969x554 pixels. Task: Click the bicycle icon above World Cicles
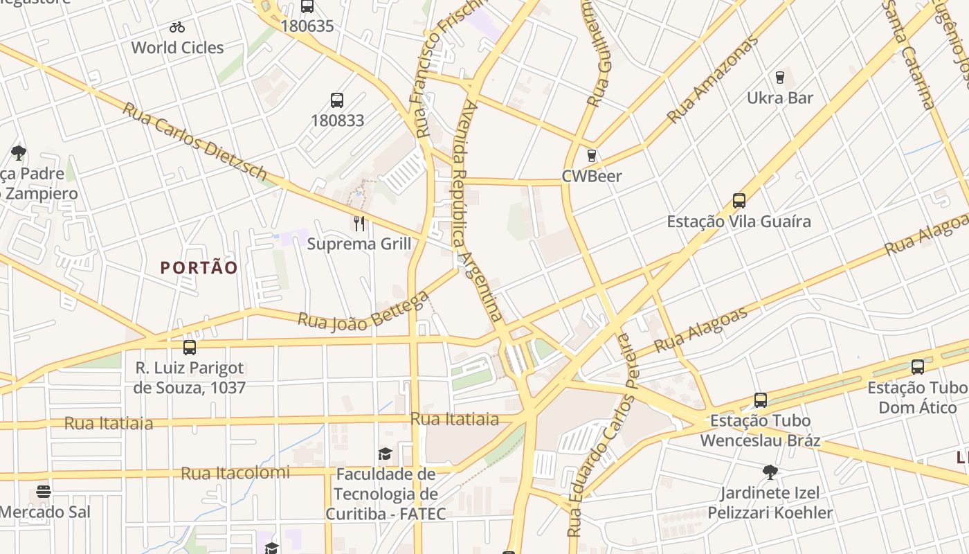pos(177,28)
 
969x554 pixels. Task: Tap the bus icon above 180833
pos(337,100)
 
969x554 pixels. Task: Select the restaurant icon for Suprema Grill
pos(359,223)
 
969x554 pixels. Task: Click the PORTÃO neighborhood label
pos(199,268)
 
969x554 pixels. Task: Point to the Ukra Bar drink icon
pos(780,77)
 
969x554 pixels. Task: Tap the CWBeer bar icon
pos(591,156)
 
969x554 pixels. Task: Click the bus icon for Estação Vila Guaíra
pos(739,201)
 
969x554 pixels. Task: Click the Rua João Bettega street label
pos(363,312)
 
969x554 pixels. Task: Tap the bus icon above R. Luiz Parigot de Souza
pos(189,347)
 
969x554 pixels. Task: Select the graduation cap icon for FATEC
pos(385,454)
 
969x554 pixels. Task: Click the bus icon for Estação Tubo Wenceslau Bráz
pos(760,400)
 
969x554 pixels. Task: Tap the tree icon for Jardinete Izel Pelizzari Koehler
pos(770,472)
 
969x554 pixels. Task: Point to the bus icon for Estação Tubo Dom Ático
pos(918,366)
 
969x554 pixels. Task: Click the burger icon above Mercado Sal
pos(44,492)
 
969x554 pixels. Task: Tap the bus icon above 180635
pos(307,7)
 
